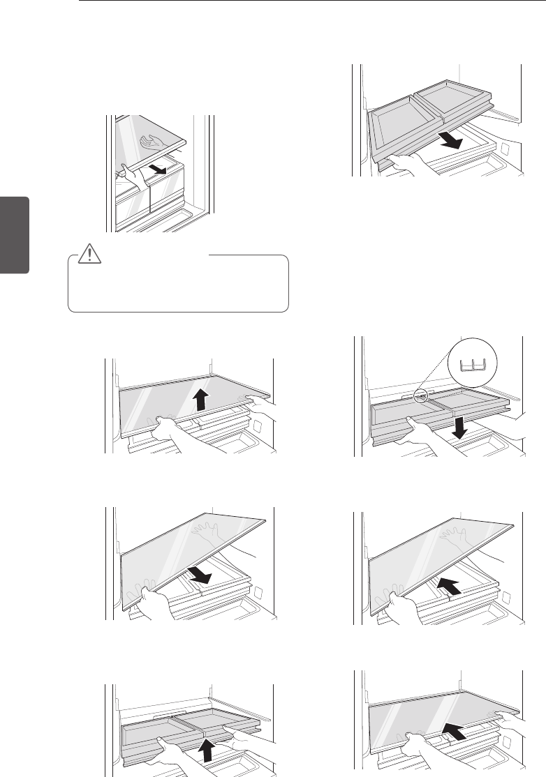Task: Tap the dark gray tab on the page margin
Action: point(15,234)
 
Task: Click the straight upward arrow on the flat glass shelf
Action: point(200,400)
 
